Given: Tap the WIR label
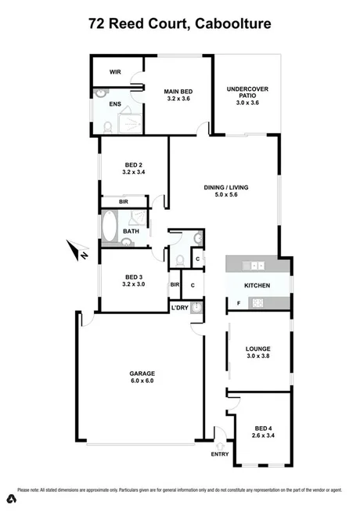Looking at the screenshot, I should point(114,71).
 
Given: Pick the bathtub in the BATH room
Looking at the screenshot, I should point(110,230).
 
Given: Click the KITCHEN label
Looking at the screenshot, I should point(257,285).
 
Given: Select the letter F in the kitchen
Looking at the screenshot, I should point(237,302).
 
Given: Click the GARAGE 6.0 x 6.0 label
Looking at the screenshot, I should point(142,377).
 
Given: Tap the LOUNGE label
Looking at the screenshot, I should point(257,350).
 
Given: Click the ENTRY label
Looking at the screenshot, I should point(221,454).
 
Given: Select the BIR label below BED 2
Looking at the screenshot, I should point(124,202).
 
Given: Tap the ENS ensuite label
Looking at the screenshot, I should point(114,103).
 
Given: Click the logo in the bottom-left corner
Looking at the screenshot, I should point(12,499).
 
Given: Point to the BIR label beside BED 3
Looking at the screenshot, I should point(175,285).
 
